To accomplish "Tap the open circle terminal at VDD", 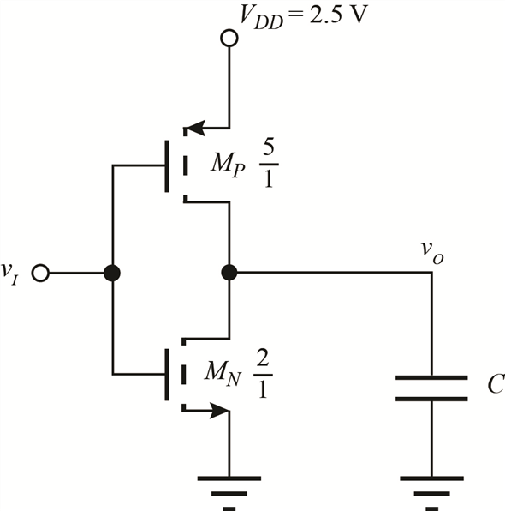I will pos(229,38).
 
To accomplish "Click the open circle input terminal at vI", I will pos(39,274).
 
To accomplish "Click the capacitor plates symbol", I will pos(431,388).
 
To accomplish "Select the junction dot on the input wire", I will pos(112,274).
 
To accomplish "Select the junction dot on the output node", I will pos(229,274).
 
